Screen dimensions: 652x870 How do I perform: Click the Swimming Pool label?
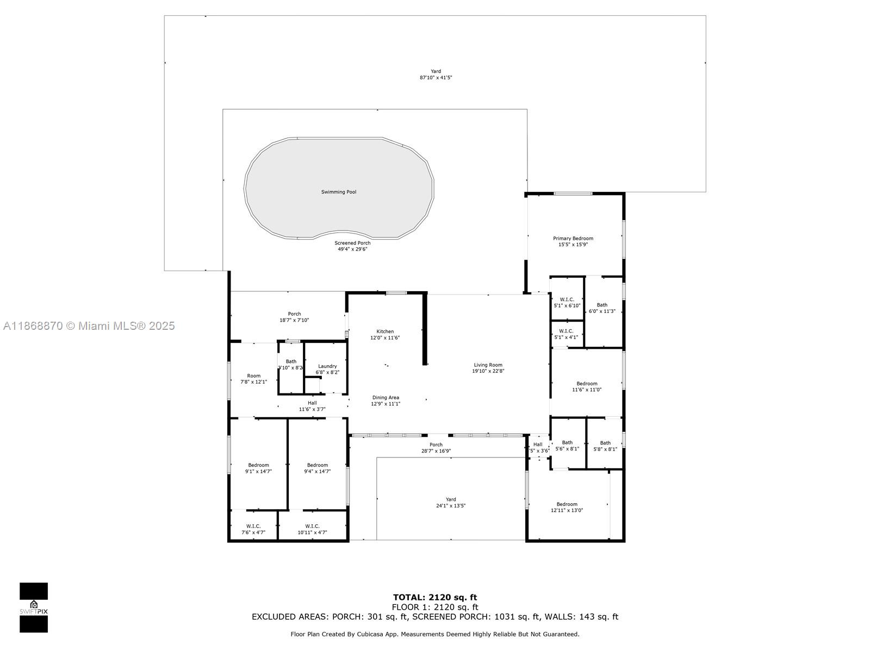[x=339, y=192]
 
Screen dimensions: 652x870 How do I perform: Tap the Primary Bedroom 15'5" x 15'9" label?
[x=573, y=241]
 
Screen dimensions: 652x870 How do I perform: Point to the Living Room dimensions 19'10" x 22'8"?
[x=488, y=372]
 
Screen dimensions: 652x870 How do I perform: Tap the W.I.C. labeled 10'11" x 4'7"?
[x=312, y=529]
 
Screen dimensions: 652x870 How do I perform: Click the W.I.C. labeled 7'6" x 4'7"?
[x=253, y=529]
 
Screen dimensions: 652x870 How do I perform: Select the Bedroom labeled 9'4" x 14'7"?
[x=318, y=468]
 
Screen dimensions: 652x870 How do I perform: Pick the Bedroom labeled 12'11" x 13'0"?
[x=567, y=507]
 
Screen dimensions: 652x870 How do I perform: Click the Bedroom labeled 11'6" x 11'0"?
[x=587, y=386]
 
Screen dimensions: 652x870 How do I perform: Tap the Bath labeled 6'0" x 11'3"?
[x=602, y=308]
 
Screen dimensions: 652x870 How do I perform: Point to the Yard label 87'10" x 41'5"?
[x=436, y=74]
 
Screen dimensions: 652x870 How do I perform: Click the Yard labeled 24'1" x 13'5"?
[x=451, y=503]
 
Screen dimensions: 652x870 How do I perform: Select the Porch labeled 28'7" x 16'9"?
[x=436, y=448]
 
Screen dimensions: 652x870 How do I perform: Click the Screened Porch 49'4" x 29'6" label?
[x=352, y=246]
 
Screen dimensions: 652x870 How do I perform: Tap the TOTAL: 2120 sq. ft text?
[x=435, y=598]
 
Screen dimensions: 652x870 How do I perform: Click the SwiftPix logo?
[x=34, y=607]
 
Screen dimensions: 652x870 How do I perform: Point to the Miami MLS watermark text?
[x=89, y=326]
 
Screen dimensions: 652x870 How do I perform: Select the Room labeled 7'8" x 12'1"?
[x=254, y=379]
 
